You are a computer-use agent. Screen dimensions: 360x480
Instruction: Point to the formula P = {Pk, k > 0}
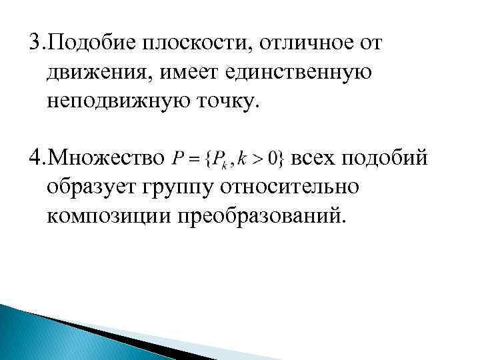tap(228, 159)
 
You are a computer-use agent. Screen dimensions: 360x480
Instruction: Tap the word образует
tap(89, 187)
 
